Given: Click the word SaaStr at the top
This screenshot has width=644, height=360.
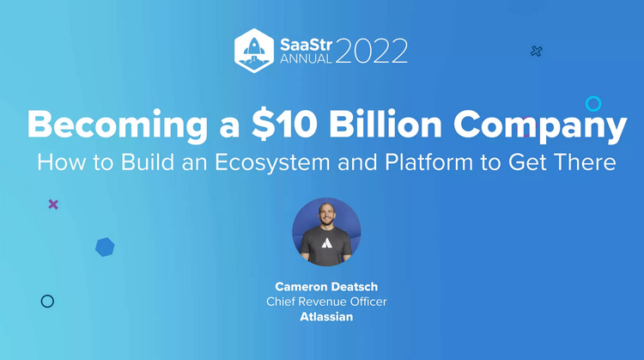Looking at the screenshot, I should click(305, 40).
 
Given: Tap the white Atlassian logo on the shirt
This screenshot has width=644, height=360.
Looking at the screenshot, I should click(326, 244).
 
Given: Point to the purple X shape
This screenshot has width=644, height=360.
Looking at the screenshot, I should click(53, 204).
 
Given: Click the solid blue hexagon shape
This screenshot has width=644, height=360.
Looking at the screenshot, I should click(105, 247).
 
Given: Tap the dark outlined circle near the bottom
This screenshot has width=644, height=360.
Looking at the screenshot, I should click(47, 301).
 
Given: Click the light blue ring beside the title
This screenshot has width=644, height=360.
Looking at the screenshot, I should click(593, 104).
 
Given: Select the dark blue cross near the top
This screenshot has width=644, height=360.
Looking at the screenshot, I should click(537, 52).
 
